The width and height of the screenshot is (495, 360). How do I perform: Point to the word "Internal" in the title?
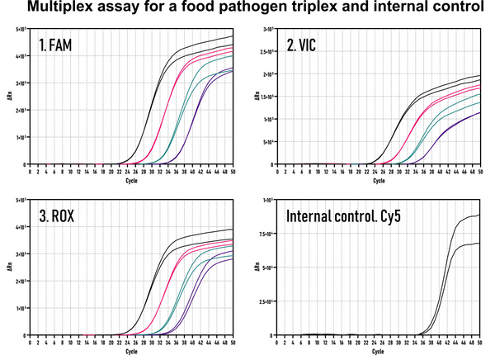(x=313, y=218)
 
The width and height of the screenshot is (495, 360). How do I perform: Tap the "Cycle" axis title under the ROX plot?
(x=131, y=353)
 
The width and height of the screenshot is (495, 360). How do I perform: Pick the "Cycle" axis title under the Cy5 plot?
(x=380, y=353)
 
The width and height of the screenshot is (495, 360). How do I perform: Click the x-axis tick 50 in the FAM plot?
(x=233, y=172)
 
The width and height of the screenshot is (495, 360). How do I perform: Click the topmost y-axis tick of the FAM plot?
(x=21, y=29)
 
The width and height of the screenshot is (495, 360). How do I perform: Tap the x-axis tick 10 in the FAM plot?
(x=71, y=172)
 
